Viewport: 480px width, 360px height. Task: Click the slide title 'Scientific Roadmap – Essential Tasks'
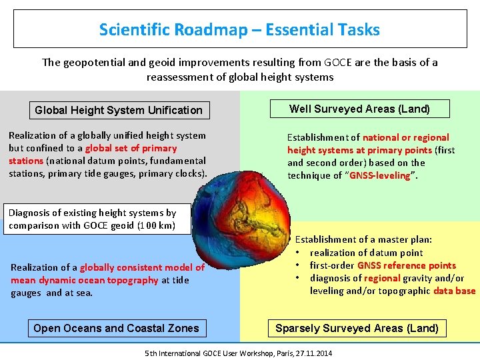pyautogui.click(x=239, y=30)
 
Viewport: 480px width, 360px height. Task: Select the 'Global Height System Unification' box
pyautogui.click(x=118, y=110)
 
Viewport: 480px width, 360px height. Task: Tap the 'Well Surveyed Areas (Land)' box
pyautogui.click(x=359, y=109)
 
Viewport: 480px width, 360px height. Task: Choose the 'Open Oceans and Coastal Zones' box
pyautogui.click(x=116, y=328)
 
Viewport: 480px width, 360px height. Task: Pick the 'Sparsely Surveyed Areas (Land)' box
pyautogui.click(x=357, y=328)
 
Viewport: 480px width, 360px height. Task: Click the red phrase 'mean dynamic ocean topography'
pyautogui.click(x=85, y=280)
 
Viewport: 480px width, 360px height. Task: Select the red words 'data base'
pyautogui.click(x=454, y=291)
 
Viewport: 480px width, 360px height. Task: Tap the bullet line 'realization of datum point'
pyautogui.click(x=366, y=253)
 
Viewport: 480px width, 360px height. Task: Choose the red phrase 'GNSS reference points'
pyautogui.click(x=407, y=265)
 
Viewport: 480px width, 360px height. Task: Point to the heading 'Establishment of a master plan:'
pyautogui.click(x=363, y=239)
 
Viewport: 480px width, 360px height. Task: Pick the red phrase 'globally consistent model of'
pyautogui.click(x=142, y=267)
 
